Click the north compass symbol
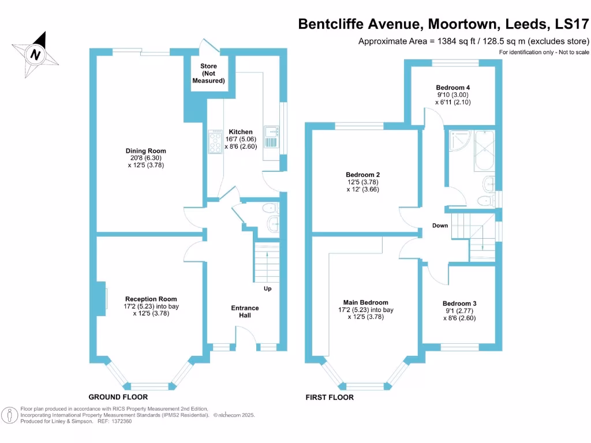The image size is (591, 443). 35,54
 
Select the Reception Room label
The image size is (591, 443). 151,299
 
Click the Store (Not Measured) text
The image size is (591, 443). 208,74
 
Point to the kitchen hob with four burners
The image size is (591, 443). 212,141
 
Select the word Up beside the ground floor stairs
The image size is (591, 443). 267,288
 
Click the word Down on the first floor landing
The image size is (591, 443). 440,226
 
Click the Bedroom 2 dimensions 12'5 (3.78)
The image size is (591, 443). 362,182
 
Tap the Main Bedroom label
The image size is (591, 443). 365,302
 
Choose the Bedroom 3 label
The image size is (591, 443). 459,303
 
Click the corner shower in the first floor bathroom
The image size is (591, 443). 460,141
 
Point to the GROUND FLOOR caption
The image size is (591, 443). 118,397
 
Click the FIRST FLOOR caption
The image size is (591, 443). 329,397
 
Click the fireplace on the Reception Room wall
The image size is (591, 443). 102,299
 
